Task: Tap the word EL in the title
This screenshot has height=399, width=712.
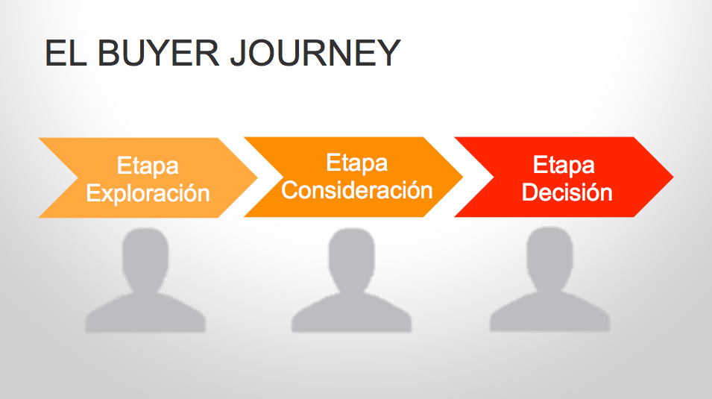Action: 63,54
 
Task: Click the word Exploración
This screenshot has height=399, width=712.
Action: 148,193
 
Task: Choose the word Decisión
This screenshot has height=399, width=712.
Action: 567,192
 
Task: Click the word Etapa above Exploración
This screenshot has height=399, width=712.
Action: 148,166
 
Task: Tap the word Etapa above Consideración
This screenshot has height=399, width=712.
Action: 357,162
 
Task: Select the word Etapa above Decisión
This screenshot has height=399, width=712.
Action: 564,164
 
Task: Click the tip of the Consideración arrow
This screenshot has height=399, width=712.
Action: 461,177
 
